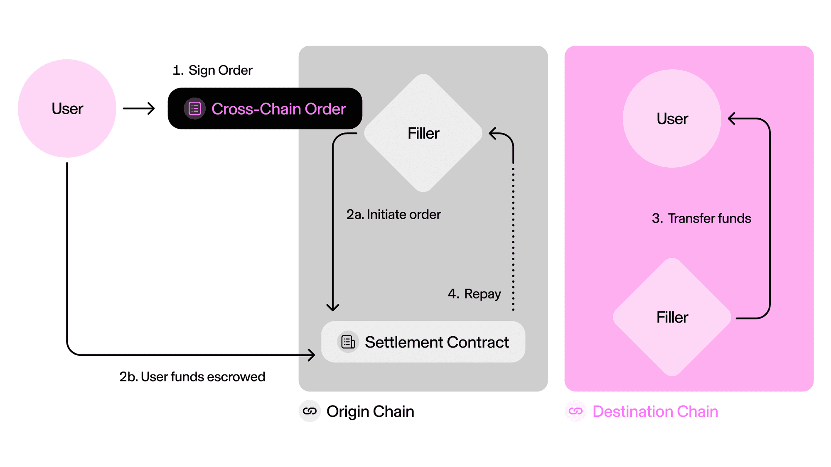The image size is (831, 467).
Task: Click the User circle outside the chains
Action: coord(67,108)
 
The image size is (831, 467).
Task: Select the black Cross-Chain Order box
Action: coord(265,108)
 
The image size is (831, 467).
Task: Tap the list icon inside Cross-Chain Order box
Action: coord(194,109)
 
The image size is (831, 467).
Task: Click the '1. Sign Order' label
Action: coord(212,70)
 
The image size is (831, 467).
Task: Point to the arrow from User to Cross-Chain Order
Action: coord(139,108)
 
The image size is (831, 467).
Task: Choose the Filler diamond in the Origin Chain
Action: coord(423,133)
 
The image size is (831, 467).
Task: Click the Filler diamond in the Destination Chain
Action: coord(672,318)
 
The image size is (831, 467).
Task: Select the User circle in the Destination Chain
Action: coord(672,119)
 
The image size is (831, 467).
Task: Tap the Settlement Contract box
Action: coord(423,342)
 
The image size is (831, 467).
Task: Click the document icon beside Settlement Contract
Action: coord(348,342)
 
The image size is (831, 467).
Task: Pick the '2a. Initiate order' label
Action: coord(393,215)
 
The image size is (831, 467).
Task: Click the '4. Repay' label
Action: coord(475,294)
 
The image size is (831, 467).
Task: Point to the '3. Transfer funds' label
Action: coord(701,218)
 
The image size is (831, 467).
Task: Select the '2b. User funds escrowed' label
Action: coord(192,377)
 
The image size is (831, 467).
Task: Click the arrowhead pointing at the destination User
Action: coord(732,119)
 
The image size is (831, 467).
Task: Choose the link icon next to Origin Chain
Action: coord(310,411)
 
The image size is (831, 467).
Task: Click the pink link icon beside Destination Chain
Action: coord(575,411)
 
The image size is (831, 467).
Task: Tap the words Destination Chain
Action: coord(655,411)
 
